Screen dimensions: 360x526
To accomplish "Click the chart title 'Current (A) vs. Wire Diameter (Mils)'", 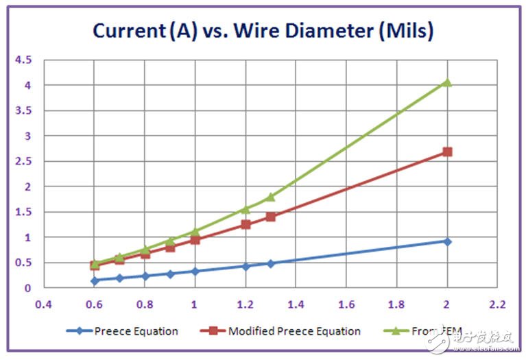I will click(x=263, y=31).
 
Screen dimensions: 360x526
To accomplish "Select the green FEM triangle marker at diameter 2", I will click(x=447, y=82).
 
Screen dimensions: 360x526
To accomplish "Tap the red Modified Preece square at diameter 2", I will click(x=447, y=152).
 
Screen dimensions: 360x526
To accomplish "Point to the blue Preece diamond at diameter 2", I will click(x=447, y=241).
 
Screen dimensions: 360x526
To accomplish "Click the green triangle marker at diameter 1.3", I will click(x=270, y=196).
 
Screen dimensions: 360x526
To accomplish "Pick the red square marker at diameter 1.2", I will click(x=246, y=224).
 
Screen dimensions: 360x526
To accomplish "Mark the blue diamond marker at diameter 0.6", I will click(x=95, y=280).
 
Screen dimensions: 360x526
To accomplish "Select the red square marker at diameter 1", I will click(x=195, y=240).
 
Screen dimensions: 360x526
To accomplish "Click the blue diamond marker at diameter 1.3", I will click(x=270, y=263).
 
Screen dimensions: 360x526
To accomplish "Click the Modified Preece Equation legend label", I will click(x=294, y=331).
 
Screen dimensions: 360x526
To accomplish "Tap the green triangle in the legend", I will click(x=394, y=331).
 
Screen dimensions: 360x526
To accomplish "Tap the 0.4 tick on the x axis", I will click(x=44, y=303).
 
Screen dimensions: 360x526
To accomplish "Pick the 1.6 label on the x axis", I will click(x=346, y=303).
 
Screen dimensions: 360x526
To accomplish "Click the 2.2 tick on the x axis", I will click(x=497, y=303).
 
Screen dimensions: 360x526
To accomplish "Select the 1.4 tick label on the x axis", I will click(x=296, y=303).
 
